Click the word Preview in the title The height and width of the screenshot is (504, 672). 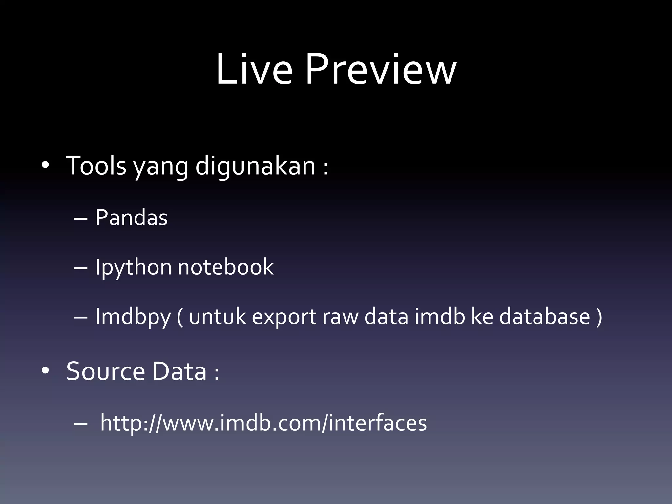tap(381, 70)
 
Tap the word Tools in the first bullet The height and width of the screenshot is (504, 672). tap(96, 166)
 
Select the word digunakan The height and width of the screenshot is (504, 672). tap(255, 166)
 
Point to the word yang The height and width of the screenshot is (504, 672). tap(160, 167)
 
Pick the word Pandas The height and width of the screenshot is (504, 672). tap(131, 218)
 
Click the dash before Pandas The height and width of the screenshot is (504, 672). tap(80, 218)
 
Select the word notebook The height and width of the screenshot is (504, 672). tap(225, 267)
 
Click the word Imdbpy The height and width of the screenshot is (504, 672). tap(133, 317)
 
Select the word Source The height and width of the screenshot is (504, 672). tap(105, 371)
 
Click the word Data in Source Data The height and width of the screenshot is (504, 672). tap(179, 371)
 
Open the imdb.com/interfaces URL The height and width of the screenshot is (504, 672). tap(263, 423)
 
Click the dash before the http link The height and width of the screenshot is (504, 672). tap(80, 424)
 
